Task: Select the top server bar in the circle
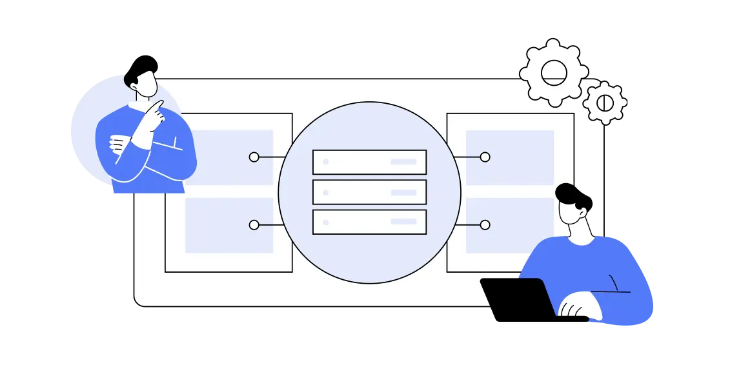tap(369, 162)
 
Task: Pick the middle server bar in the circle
tap(369, 192)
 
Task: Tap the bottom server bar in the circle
tap(369, 222)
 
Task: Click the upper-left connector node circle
tap(254, 157)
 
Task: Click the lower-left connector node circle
tap(254, 225)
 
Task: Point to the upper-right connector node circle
tap(485, 157)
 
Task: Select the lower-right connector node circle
tap(485, 225)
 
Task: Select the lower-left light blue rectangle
tap(229, 225)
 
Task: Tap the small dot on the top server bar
tap(326, 162)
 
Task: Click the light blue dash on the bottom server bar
tap(403, 222)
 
